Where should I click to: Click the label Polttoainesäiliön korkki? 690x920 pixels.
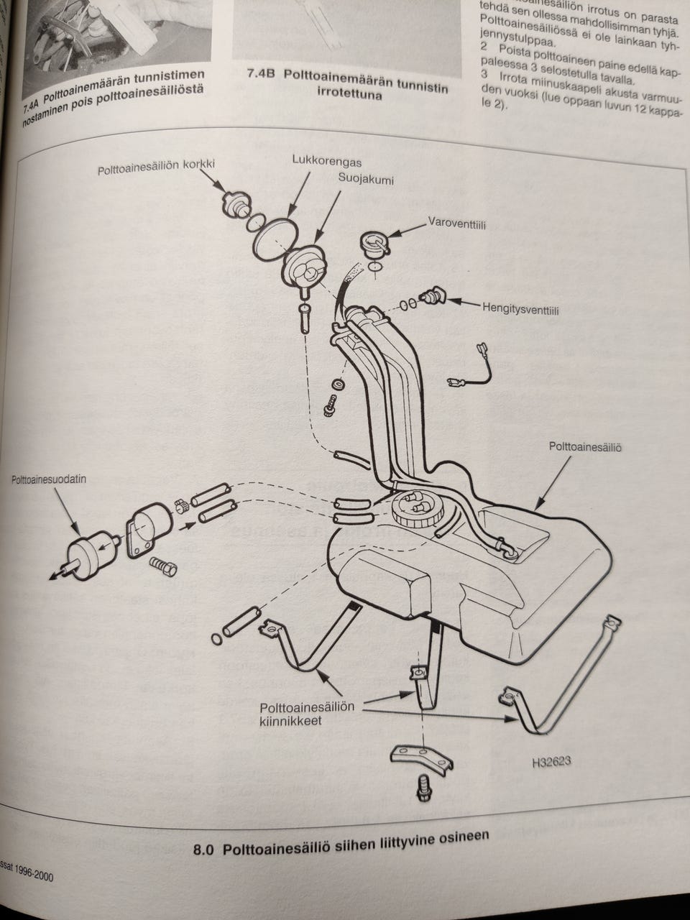point(156,168)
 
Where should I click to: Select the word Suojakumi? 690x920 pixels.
point(366,180)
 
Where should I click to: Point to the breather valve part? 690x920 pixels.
point(435,295)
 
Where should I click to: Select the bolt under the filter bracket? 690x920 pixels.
point(165,566)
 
